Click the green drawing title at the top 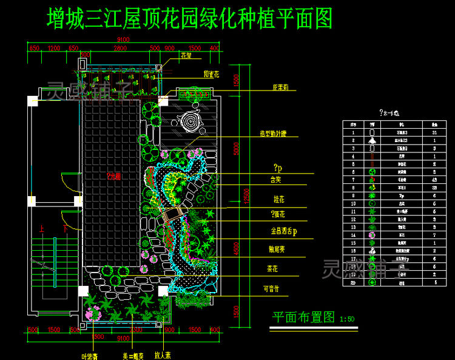[190, 19]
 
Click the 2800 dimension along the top [120, 48]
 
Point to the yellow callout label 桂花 [280, 199]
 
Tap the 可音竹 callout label [275, 288]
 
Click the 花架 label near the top [186, 55]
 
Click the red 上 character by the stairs [41, 229]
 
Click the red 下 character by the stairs [65, 229]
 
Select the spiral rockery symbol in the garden [192, 122]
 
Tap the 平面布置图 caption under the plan [303, 317]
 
